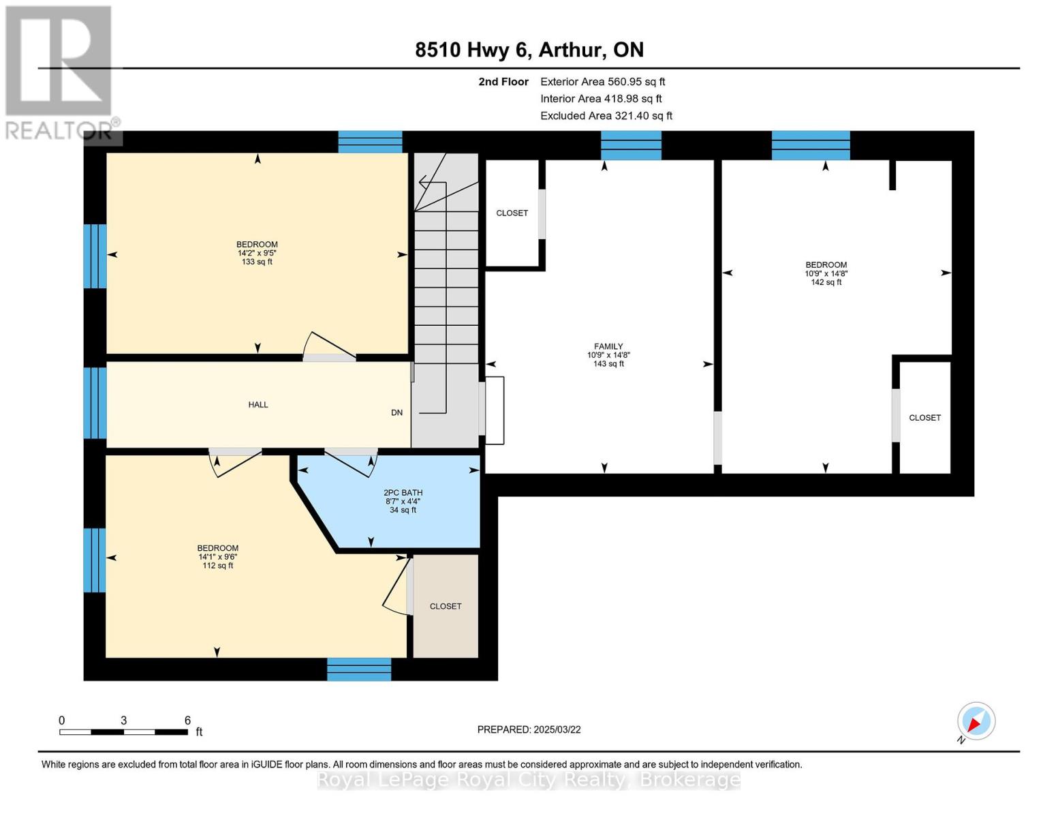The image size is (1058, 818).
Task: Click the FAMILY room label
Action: (608, 346)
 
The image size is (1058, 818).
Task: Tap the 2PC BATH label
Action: (403, 493)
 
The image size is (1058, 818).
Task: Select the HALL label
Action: (258, 404)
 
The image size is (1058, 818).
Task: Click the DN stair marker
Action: (396, 412)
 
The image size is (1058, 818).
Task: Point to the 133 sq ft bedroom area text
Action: (257, 262)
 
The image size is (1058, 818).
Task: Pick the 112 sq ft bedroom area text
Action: (217, 566)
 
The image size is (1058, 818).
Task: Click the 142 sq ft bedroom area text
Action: (826, 282)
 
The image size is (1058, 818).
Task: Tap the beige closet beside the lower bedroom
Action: (446, 606)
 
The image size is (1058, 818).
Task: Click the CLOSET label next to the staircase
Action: (512, 213)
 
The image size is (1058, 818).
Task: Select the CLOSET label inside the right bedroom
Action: (924, 418)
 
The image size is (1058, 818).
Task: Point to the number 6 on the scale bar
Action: (187, 720)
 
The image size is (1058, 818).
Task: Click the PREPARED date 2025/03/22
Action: (557, 729)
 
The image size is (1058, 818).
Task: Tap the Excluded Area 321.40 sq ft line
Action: (606, 115)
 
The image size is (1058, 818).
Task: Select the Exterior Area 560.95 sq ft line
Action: (603, 81)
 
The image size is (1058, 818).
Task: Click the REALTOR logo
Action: (61, 73)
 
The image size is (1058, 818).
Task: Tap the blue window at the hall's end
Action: (95, 403)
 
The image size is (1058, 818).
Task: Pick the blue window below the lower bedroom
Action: (359, 669)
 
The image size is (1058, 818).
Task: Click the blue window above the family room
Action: (631, 145)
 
